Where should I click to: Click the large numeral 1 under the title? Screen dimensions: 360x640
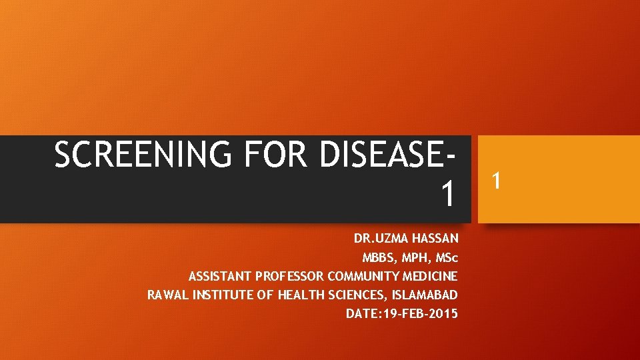click(449, 194)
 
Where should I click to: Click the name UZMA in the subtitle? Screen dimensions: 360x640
click(389, 238)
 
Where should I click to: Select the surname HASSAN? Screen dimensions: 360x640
click(433, 238)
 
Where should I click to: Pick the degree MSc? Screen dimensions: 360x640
click(446, 257)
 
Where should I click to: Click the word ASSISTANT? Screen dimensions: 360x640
click(216, 276)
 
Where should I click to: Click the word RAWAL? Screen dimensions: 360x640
click(167, 295)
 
